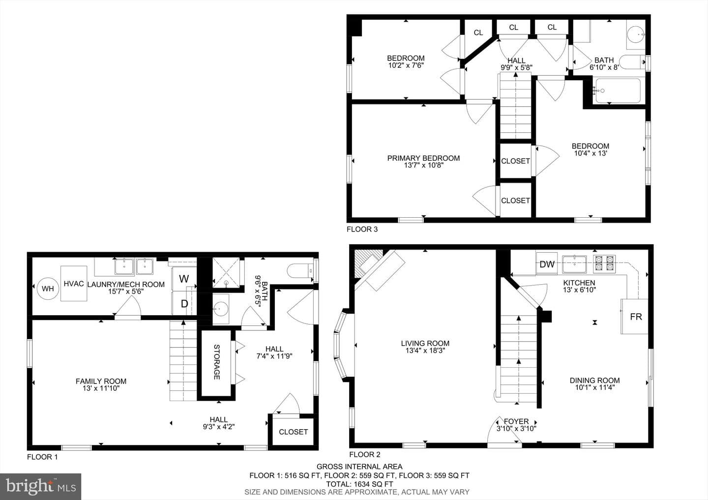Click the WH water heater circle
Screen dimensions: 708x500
48,288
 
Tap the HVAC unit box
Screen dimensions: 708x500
74,284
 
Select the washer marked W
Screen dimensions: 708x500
184,278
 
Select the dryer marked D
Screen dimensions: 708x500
184,303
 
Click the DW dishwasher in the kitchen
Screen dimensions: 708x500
547,264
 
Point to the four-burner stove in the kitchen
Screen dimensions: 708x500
604,264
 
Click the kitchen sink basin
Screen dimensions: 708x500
574,264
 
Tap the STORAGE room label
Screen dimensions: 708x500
217,362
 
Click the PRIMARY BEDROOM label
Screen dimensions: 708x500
423,158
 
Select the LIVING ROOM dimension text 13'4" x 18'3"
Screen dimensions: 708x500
425,350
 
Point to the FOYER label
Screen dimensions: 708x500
516,421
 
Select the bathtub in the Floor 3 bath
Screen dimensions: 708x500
618,90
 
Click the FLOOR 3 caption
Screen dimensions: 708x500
362,229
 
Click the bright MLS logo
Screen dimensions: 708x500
40,486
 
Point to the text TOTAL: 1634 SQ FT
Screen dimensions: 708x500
359,484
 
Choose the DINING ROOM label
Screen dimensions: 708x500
594,380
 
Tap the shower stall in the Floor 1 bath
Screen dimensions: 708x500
226,273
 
